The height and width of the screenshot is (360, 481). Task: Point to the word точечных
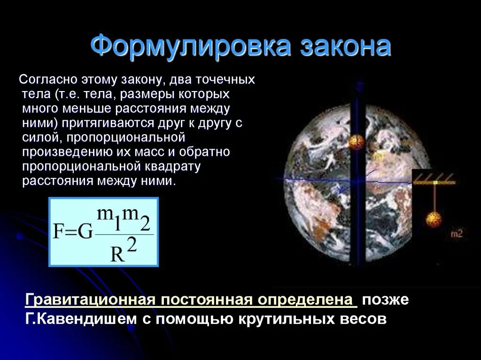227,79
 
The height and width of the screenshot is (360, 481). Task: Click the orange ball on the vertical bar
356,141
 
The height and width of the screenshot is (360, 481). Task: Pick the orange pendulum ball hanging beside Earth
434,219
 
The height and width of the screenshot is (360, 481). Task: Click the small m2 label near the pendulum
456,233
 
